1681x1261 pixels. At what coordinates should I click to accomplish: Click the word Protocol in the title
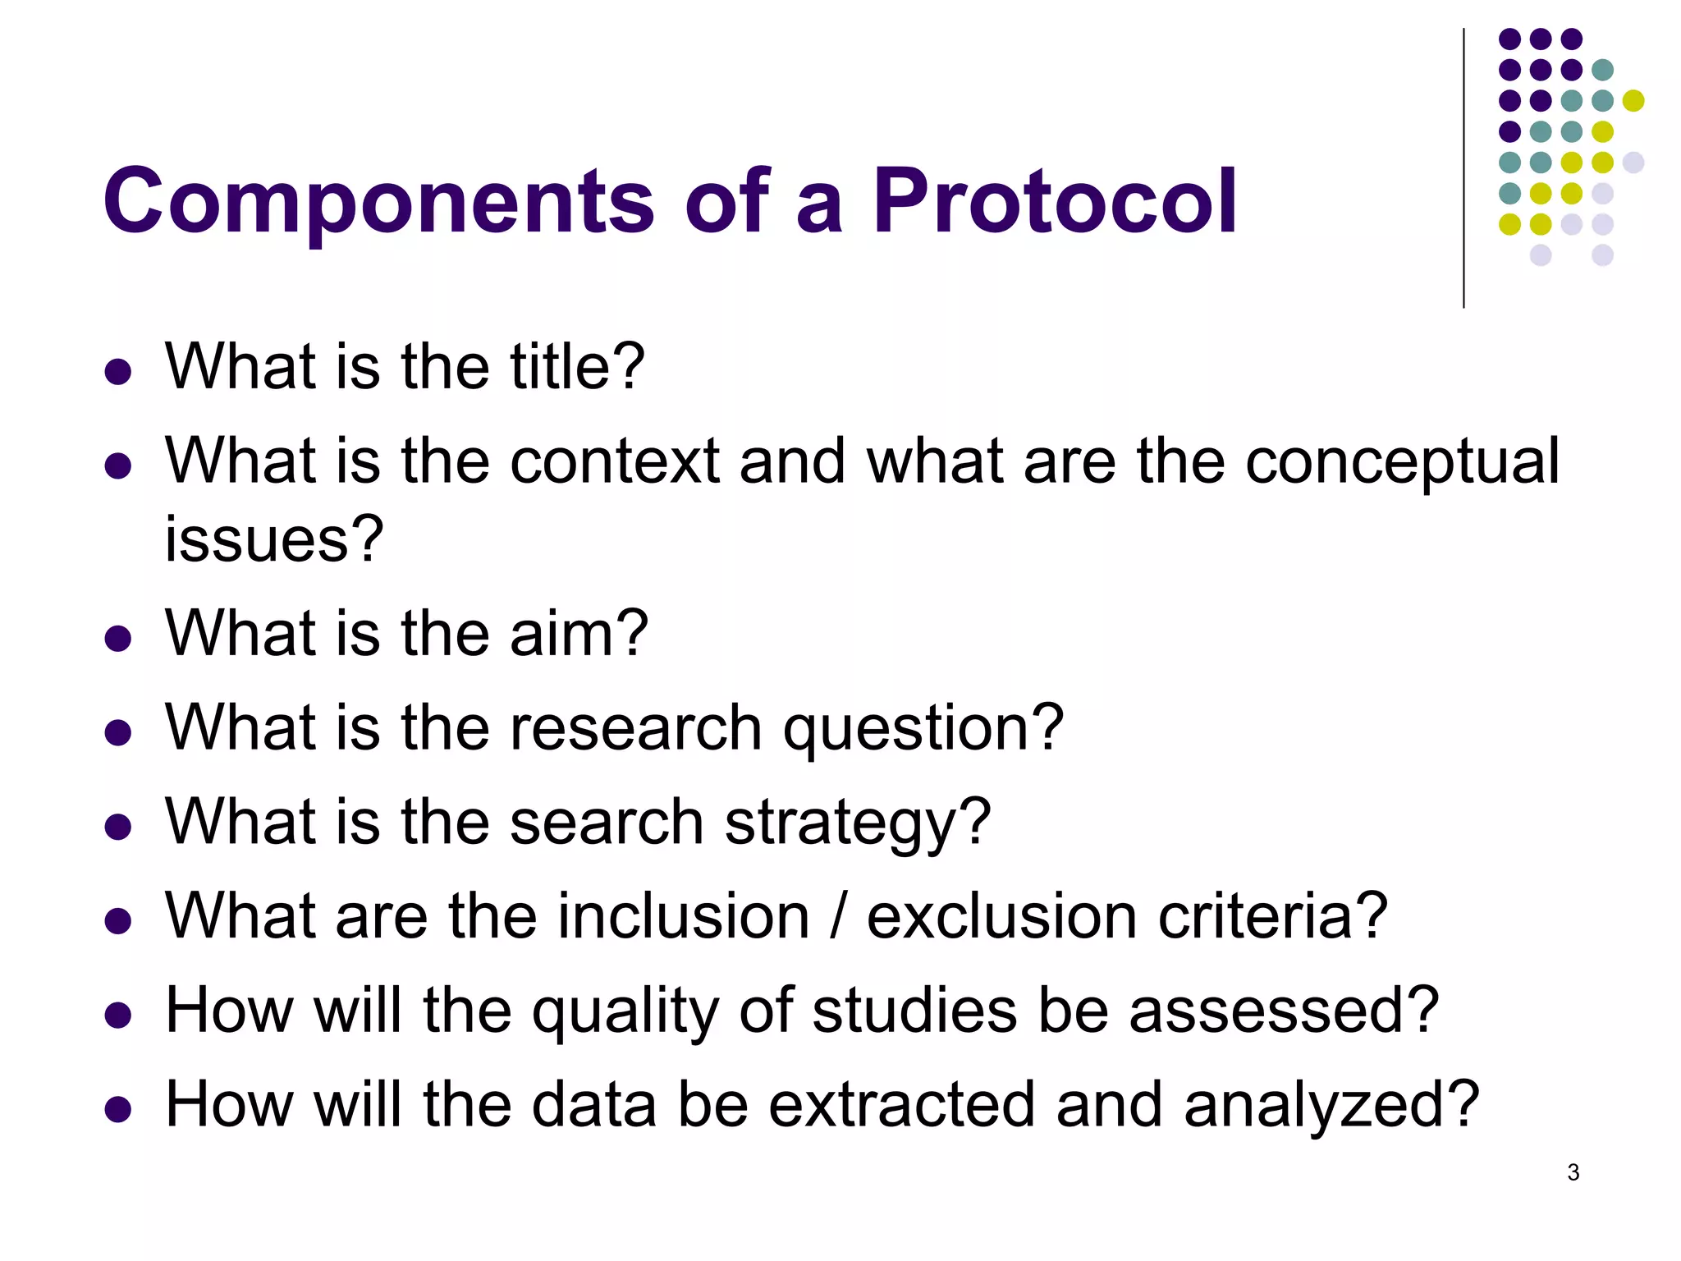point(1054,201)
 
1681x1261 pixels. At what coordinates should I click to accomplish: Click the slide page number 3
point(1573,1172)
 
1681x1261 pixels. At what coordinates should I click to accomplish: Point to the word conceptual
point(1402,461)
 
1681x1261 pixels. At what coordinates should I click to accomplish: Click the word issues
point(273,539)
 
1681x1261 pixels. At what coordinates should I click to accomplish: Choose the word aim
point(578,634)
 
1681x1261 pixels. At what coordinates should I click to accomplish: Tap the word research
point(636,728)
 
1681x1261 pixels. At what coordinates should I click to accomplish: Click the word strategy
point(857,823)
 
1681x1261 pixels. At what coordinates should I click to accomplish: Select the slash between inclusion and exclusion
point(838,916)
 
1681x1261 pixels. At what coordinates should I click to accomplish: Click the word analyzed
point(1331,1105)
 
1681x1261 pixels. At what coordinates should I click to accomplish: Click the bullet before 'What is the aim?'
point(118,639)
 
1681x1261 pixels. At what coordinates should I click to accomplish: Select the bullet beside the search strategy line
point(118,827)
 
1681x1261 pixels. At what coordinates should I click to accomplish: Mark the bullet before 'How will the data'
point(118,1110)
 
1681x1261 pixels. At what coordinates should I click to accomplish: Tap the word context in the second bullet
point(614,461)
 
